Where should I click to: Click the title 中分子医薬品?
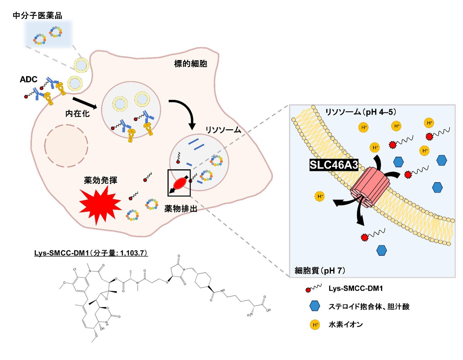click(38, 15)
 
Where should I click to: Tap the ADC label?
click(29, 80)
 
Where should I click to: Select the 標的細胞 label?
click(191, 64)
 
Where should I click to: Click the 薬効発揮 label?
click(100, 180)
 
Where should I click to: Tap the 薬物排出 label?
click(181, 209)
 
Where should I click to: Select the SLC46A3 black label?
click(334, 165)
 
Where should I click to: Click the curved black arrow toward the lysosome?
click(185, 112)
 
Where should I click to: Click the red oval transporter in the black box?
click(180, 183)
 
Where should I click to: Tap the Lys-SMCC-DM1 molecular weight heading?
click(91, 253)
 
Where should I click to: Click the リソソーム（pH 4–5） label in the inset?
click(361, 112)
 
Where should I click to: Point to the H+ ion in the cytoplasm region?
click(320, 196)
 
